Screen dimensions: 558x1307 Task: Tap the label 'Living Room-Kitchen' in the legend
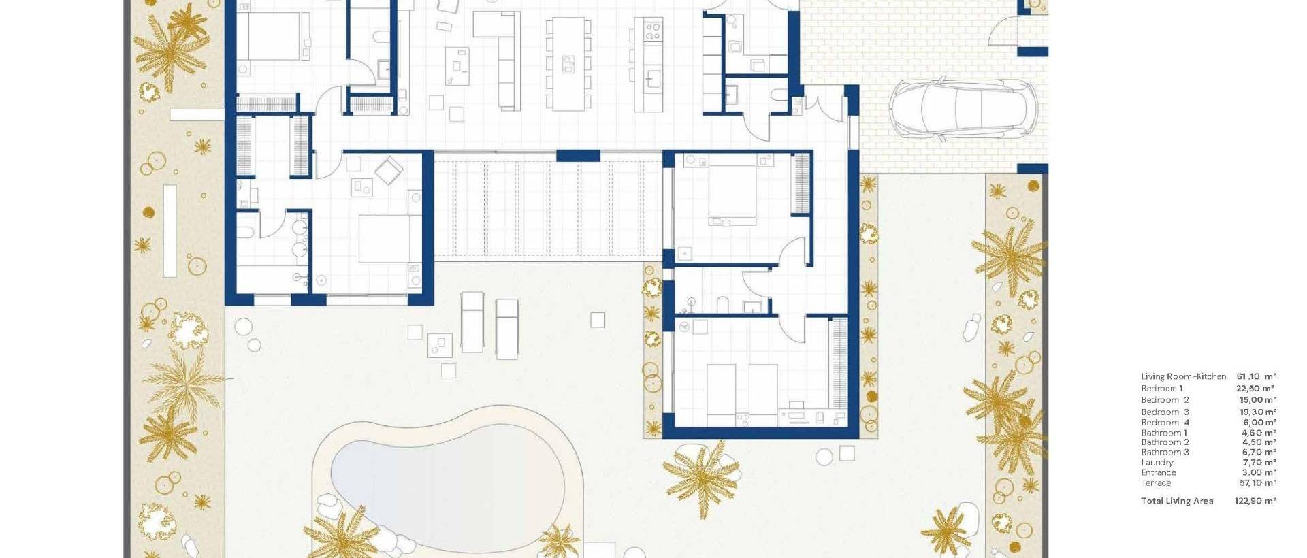pyautogui.click(x=1183, y=376)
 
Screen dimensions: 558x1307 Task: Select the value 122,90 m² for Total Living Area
pyautogui.click(x=1255, y=501)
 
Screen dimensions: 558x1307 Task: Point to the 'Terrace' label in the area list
pyautogui.click(x=1156, y=483)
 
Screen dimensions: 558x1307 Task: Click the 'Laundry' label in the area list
pyautogui.click(x=1157, y=463)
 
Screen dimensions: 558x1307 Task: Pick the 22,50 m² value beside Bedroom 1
pyautogui.click(x=1255, y=389)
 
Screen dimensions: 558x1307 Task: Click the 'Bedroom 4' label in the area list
pyautogui.click(x=1165, y=423)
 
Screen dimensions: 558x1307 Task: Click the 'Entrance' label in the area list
pyautogui.click(x=1158, y=473)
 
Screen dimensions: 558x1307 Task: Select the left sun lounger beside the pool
pyautogui.click(x=472, y=322)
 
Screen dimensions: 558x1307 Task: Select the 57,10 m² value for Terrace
pyautogui.click(x=1257, y=483)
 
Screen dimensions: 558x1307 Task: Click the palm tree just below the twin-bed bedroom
pyautogui.click(x=701, y=476)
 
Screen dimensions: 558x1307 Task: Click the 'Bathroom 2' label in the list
pyautogui.click(x=1165, y=442)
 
